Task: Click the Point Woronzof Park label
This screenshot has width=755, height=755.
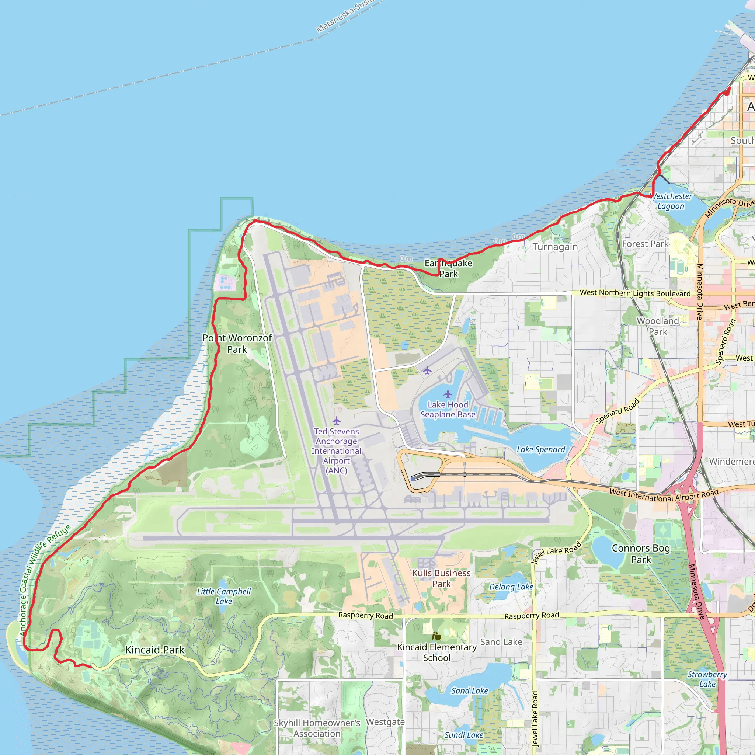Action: coord(237,344)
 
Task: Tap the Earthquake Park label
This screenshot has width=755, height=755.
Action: coord(448,268)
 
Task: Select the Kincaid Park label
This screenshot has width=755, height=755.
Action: coord(154,650)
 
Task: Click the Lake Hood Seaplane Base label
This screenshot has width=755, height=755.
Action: coord(448,410)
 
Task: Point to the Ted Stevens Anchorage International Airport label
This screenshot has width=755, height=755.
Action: coord(336,450)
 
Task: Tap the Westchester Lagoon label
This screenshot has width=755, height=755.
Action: coord(671,201)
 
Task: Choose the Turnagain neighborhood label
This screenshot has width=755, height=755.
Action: coord(555,247)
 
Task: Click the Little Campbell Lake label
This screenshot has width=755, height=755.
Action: coord(223,596)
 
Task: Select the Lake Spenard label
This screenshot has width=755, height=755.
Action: coord(541,449)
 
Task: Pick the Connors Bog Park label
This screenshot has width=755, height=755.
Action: coord(641,554)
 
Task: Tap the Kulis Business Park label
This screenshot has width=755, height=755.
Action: coord(441,578)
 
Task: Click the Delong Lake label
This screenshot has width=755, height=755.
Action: coord(511,587)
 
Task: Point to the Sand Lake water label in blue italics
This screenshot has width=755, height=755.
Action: coord(469,690)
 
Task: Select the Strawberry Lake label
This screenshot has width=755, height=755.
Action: coord(707,679)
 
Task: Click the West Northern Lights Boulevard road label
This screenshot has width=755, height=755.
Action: coord(635,293)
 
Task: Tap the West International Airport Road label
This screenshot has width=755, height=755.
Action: coord(664,495)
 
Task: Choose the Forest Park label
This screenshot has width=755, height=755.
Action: coord(645,244)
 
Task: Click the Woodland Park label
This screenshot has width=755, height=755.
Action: coord(658,326)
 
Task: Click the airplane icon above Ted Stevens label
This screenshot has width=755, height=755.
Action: coord(337,421)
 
